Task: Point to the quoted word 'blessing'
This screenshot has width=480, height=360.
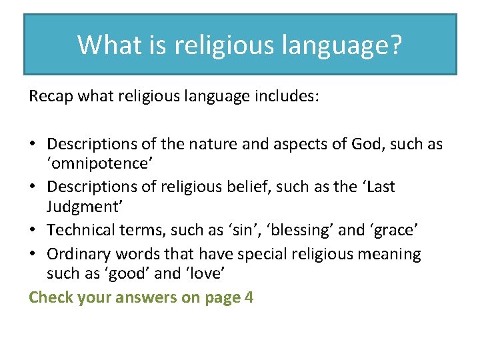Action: tap(299, 230)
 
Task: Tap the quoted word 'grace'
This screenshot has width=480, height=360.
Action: tap(397, 230)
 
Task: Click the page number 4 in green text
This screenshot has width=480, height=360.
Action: tap(249, 297)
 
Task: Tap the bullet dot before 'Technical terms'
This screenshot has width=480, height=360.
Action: tap(33, 230)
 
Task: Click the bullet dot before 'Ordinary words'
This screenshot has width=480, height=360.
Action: tap(33, 254)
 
